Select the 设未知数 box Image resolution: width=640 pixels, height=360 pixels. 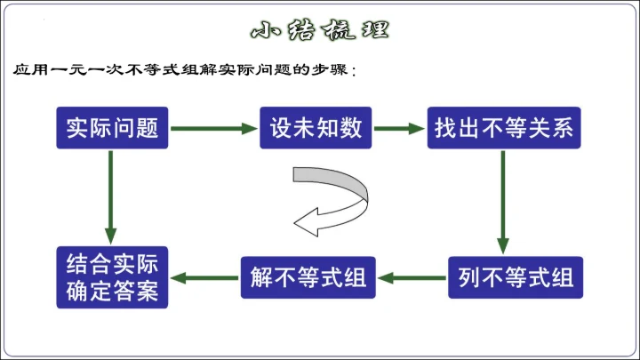tap(316, 129)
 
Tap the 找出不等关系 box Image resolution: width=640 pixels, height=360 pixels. tap(503, 129)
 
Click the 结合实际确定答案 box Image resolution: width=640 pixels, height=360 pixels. tap(112, 277)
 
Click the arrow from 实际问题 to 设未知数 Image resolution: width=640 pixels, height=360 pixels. tap(213, 129)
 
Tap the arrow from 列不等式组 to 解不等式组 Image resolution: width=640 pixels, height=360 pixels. tap(412, 277)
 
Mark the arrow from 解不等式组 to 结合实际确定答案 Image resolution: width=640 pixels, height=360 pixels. tap(204, 277)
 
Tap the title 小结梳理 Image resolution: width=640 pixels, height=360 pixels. tap(319, 29)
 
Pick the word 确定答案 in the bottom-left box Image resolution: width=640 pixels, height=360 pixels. tap(112, 291)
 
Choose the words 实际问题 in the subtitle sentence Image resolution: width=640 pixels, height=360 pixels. tap(246, 70)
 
